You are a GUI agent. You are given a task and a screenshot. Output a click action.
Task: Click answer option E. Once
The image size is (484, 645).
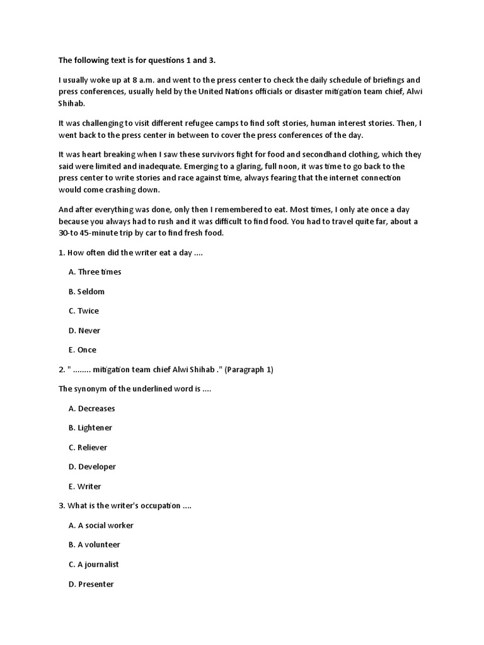pyautogui.click(x=83, y=350)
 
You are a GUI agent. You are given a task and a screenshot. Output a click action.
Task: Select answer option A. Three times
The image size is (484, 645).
pyautogui.click(x=95, y=272)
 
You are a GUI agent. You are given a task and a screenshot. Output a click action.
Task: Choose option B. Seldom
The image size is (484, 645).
pyautogui.click(x=86, y=292)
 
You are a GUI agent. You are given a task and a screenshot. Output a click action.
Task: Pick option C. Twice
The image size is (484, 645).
pyautogui.click(x=84, y=311)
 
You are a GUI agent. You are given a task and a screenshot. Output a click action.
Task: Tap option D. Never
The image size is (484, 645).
pyautogui.click(x=84, y=331)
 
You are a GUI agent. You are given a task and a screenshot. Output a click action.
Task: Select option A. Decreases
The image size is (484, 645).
pyautogui.click(x=91, y=409)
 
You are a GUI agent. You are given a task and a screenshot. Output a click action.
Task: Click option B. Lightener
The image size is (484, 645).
pyautogui.click(x=90, y=428)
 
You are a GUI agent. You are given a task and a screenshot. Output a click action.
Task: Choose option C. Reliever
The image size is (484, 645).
pyautogui.click(x=88, y=448)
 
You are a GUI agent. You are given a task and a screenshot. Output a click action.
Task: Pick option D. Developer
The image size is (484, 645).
pyautogui.click(x=92, y=467)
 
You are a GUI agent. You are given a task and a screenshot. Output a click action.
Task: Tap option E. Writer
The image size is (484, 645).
pyautogui.click(x=84, y=487)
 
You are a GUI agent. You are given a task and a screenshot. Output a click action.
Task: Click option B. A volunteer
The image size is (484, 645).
pyautogui.click(x=94, y=545)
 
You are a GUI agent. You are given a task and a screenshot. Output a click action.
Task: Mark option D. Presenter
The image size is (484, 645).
pyautogui.click(x=91, y=585)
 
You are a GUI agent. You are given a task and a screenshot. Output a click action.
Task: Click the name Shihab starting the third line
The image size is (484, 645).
pyautogui.click(x=71, y=103)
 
